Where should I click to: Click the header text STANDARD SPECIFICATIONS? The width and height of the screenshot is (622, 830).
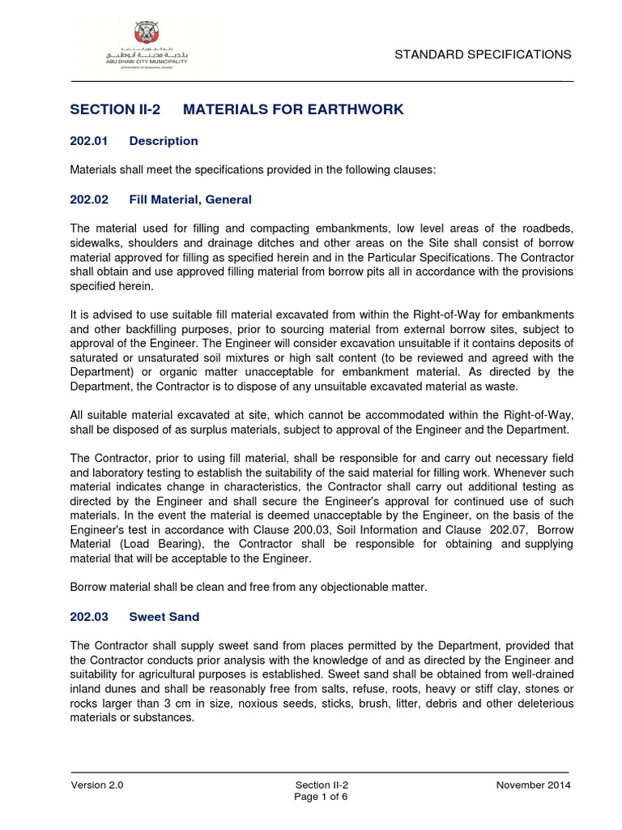(483, 54)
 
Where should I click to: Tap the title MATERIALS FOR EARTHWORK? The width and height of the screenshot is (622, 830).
(293, 109)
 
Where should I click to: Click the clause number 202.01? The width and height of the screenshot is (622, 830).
(89, 141)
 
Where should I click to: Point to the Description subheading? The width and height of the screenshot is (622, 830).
(164, 141)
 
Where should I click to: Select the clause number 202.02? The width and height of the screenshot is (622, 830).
(89, 199)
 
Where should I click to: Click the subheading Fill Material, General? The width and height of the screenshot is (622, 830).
(190, 199)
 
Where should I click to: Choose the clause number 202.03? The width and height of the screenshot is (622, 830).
(89, 617)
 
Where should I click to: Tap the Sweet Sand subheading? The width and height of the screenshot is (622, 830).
(164, 617)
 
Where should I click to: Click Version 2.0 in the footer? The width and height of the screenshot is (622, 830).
(97, 785)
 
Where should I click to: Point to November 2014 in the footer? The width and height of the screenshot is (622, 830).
(533, 785)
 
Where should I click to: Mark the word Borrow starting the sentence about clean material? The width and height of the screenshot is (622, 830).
(89, 586)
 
